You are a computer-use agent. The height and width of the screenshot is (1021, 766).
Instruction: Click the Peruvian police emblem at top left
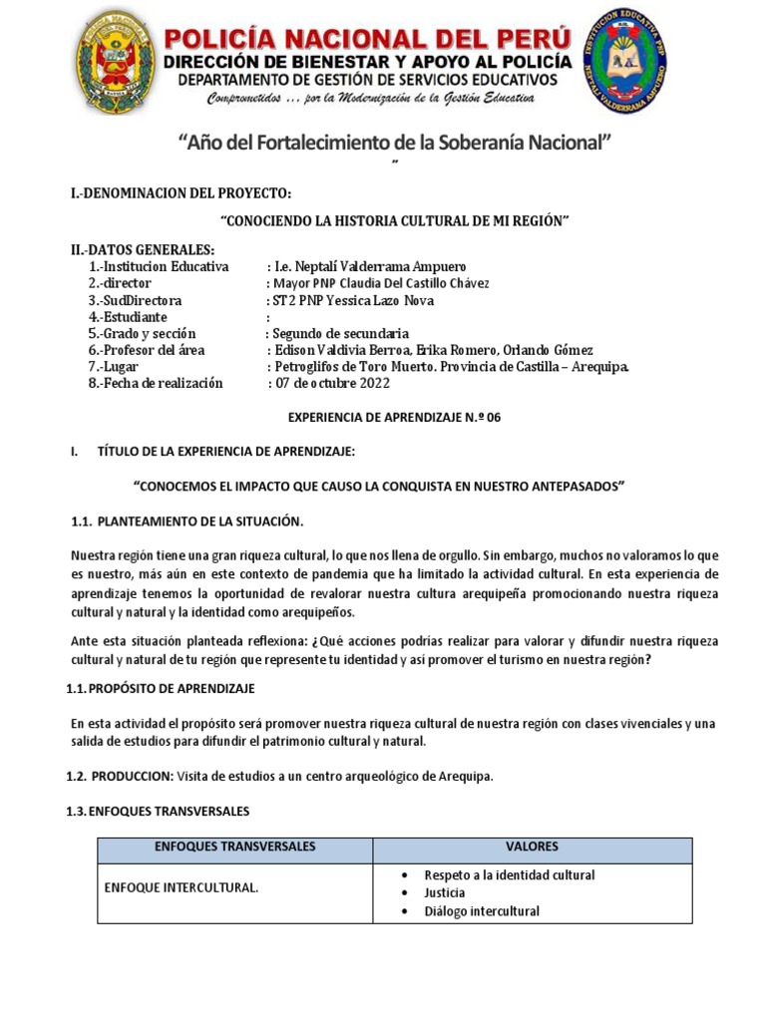116,65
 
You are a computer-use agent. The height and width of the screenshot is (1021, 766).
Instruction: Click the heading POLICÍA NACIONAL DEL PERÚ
367,40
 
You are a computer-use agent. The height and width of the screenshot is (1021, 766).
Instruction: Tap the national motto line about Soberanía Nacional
393,144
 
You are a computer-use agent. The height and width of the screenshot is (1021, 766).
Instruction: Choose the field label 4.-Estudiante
130,317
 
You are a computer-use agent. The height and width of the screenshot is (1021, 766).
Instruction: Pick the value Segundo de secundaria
340,333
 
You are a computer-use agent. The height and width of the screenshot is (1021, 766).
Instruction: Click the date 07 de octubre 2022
335,383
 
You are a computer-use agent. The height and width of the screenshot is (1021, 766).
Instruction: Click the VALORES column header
532,847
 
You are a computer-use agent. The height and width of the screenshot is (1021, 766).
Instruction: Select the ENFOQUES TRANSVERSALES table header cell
235,847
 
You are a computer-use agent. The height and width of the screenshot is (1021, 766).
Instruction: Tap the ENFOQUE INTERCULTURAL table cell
181,887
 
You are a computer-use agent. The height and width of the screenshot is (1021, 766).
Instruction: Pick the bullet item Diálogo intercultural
482,911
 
